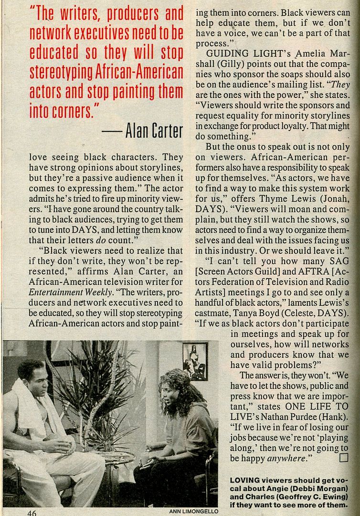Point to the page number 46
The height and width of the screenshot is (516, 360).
32,512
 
